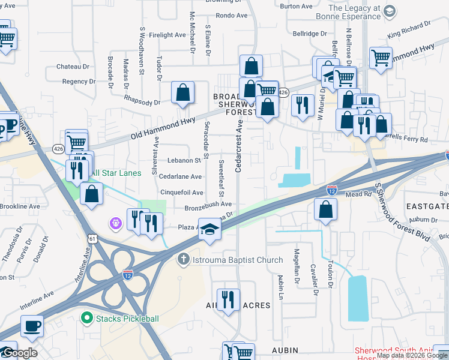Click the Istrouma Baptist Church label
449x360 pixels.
point(235,260)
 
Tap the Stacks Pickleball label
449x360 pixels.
point(127,319)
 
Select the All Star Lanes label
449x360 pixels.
point(115,173)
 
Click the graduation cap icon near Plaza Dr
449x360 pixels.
point(209,230)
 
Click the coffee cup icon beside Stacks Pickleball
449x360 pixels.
point(32,326)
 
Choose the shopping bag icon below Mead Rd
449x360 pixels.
point(325,209)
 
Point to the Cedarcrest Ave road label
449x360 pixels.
point(238,146)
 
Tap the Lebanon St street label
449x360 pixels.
point(184,161)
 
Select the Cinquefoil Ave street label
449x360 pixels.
point(181,193)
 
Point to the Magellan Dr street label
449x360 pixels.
point(297,266)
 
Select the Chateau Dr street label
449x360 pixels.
point(73,66)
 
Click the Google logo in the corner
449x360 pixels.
point(20,353)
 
